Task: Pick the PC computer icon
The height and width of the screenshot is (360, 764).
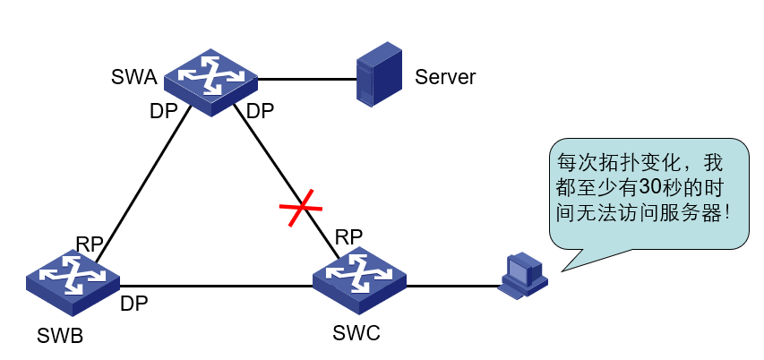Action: (x=523, y=275)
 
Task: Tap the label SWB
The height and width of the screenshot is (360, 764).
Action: (x=61, y=338)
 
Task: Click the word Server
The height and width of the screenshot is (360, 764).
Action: (x=445, y=77)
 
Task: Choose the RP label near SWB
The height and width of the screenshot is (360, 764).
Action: (x=90, y=244)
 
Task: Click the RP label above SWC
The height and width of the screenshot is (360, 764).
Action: (x=348, y=237)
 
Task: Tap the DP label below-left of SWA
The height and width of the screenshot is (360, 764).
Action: (x=163, y=112)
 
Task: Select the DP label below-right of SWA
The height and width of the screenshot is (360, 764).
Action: (x=260, y=112)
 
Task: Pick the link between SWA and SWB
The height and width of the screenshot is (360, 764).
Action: (x=143, y=184)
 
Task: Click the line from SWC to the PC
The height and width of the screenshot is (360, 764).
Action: (x=452, y=287)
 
